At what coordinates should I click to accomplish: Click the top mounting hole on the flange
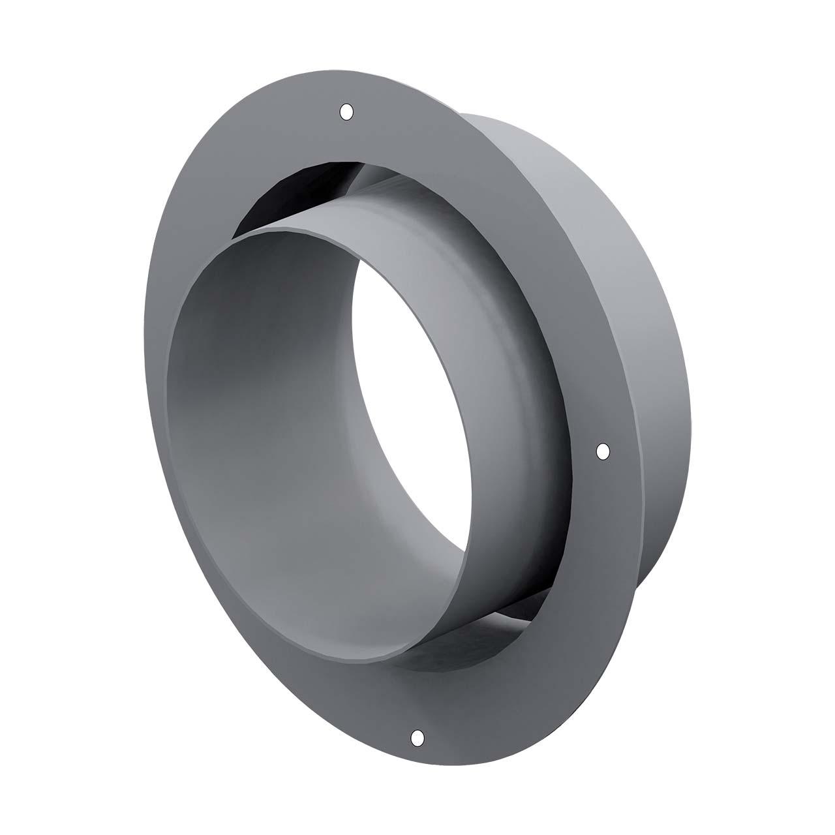click(347, 112)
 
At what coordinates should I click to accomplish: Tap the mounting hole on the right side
click(603, 451)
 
